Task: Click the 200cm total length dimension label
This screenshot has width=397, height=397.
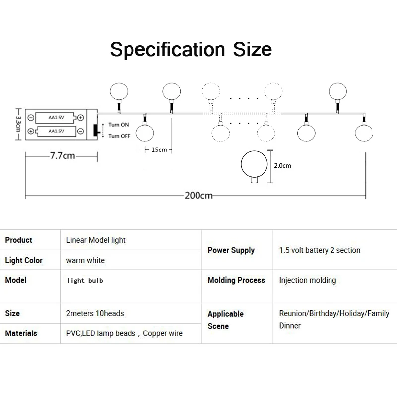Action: click(198, 196)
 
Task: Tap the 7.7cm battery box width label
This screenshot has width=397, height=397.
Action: click(63, 155)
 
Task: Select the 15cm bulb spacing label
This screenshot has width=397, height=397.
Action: click(159, 150)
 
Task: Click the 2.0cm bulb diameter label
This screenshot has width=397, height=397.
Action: click(282, 166)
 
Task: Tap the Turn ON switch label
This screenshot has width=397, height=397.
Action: click(119, 125)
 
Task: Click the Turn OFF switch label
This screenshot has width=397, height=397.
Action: click(119, 136)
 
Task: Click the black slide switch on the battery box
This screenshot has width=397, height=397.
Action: click(96, 130)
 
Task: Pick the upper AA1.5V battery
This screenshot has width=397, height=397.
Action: click(56, 118)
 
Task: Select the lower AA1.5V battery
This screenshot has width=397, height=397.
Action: click(56, 131)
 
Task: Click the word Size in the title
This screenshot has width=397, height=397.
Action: click(253, 49)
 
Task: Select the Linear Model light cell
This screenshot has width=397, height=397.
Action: click(96, 240)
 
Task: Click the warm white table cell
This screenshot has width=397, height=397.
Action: click(85, 260)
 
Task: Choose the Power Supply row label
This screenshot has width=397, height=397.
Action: click(231, 250)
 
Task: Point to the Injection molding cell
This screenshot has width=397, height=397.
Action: click(308, 280)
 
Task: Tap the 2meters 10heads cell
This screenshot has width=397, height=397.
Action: click(95, 313)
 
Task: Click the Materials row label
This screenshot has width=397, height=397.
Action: click(21, 333)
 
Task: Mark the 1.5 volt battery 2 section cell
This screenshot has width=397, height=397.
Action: click(320, 250)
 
